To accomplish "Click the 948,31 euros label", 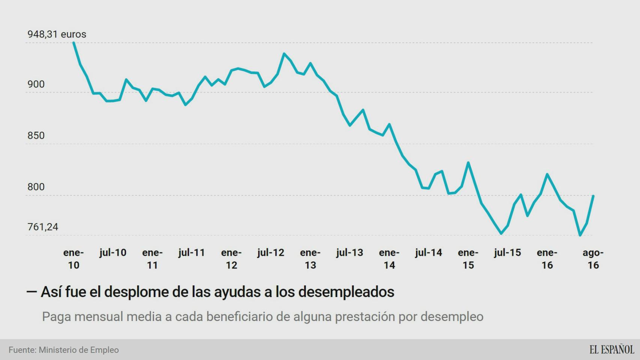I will point(57,34).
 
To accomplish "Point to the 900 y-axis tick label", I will point(36,84).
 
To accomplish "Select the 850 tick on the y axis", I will point(36,135).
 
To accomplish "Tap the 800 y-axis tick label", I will point(36,187).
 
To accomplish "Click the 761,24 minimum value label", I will point(43,227).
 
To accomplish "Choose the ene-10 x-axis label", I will point(74,259).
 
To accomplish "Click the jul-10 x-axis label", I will point(113,253).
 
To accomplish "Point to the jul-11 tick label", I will point(192,253).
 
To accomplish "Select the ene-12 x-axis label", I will point(231,259).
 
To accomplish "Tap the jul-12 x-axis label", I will point(271,253).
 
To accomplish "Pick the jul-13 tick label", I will point(350,253).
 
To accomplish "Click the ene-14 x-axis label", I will point(389,259).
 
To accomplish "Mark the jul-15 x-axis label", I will point(508,253).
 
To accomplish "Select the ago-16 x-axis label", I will point(593,259).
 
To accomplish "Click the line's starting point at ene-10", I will point(74,42).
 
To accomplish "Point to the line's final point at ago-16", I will point(593,196).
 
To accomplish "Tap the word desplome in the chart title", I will point(136,292).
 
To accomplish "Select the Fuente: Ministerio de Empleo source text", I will point(64,350).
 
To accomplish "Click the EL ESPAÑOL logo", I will point(611,349).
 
